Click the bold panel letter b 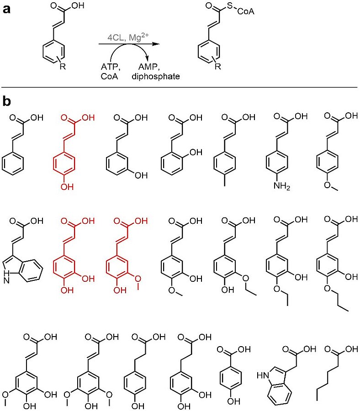(x=7, y=101)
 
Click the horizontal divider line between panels (x=180, y=87)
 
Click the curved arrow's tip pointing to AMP (x=147, y=58)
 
